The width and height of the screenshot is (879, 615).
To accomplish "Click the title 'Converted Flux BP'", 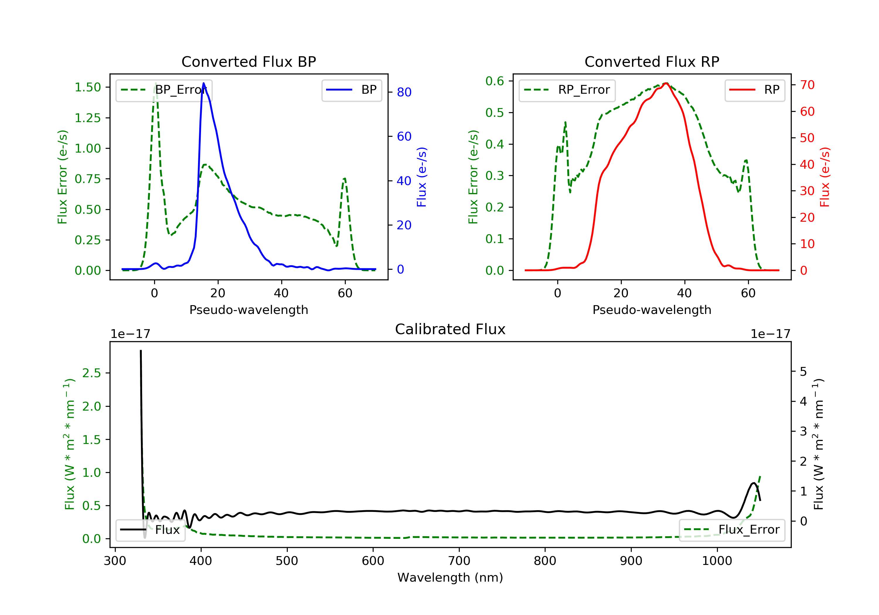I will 248,61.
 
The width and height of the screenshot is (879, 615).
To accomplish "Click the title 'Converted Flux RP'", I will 652,61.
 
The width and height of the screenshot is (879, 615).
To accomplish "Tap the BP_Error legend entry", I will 164,90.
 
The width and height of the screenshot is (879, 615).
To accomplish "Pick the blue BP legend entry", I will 351,90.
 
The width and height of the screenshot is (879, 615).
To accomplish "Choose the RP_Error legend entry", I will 567,90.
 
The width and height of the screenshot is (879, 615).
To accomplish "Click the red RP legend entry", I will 754,90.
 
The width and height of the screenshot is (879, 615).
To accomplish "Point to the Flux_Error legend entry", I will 732,530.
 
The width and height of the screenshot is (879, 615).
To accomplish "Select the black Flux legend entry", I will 151,530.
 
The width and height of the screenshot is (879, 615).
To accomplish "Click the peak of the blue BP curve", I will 203,83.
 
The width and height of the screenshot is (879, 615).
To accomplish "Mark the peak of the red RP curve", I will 666,83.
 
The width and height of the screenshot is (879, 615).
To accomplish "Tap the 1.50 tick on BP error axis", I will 88,87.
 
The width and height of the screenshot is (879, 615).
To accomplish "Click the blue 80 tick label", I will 404,92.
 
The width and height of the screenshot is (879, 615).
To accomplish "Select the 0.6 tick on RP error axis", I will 495,81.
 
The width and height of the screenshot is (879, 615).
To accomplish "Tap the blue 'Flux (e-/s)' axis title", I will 422,177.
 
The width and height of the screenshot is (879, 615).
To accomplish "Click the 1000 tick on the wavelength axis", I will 717,561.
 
